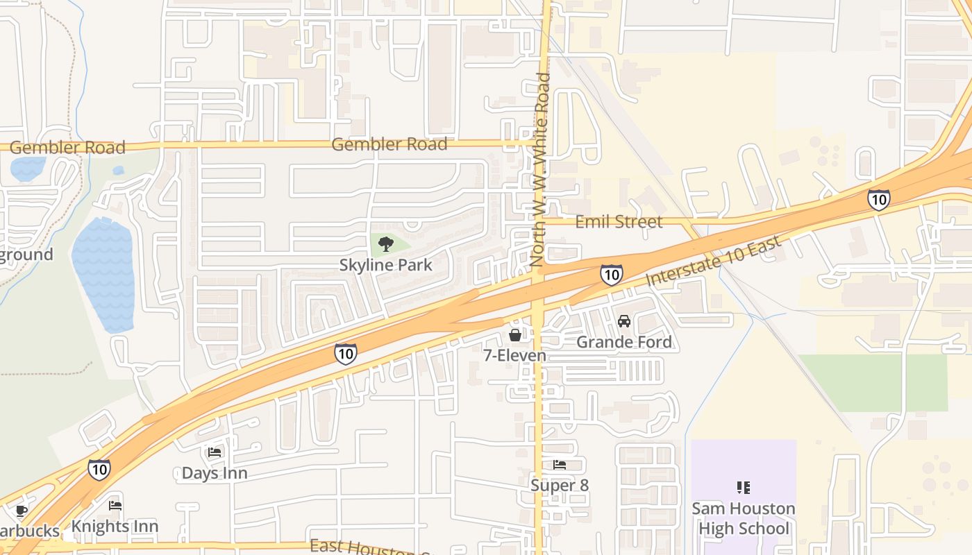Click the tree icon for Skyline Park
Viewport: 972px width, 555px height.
coord(386,244)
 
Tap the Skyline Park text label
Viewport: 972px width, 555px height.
coord(386,265)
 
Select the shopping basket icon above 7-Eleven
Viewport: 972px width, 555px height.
coord(515,336)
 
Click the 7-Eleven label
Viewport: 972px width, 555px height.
coord(515,356)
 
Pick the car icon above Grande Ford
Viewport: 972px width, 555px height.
coord(624,321)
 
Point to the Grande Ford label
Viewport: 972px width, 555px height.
coord(624,342)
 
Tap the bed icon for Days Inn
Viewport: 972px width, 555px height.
coord(215,452)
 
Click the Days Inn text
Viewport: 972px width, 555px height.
coord(215,473)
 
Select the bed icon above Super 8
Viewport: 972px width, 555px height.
coord(560,465)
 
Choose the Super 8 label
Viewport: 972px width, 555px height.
coord(560,485)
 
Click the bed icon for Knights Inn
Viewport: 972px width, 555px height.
coord(115,506)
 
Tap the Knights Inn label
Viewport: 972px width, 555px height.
coord(115,527)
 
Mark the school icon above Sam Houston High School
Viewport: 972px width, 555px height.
coord(744,488)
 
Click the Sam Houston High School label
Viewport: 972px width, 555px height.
coord(744,518)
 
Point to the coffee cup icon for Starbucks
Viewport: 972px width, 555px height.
coord(22,511)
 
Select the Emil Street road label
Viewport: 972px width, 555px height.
coord(619,222)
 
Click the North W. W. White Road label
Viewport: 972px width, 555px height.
coord(539,170)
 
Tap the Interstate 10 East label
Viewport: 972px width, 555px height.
coord(714,261)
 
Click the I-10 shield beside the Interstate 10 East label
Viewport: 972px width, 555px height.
coord(611,275)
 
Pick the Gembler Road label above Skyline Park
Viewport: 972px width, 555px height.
coord(389,144)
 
